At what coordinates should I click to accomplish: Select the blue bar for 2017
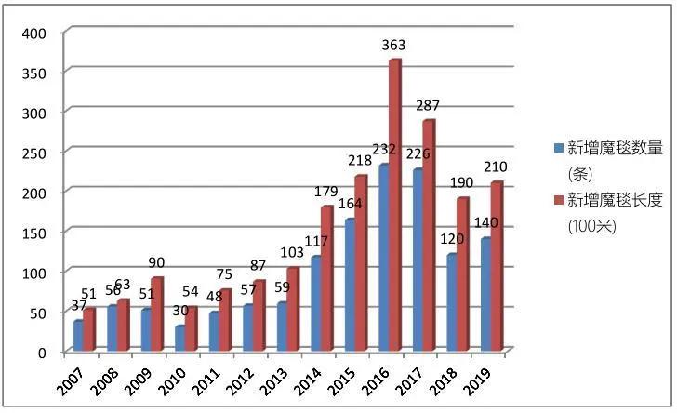pyautogui.click(x=417, y=261)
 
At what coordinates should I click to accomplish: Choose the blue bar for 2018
pyautogui.click(x=451, y=303)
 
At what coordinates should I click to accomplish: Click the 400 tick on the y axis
pyautogui.click(x=34, y=33)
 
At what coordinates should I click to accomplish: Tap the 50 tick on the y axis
pyautogui.click(x=38, y=313)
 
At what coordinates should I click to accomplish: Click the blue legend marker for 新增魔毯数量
pyautogui.click(x=558, y=147)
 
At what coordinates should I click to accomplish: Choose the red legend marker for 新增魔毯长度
pyautogui.click(x=558, y=199)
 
